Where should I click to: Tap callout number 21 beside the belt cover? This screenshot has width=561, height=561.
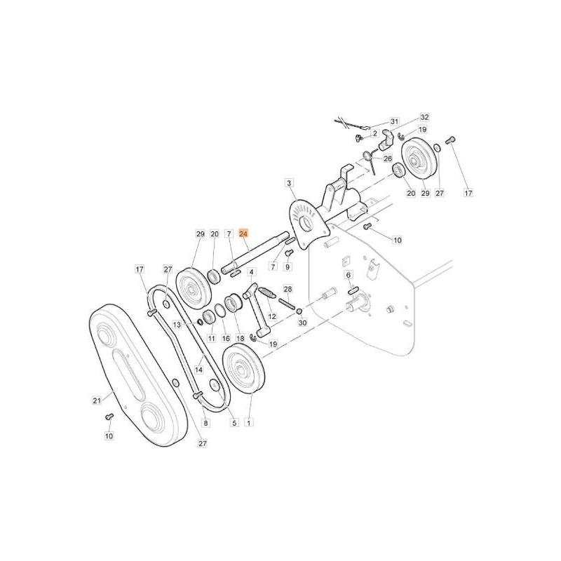pos(97,400)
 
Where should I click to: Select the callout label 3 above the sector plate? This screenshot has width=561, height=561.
pos(288,183)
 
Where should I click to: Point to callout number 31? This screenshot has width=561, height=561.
pos(393,121)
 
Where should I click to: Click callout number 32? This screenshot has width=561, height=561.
pos(424,117)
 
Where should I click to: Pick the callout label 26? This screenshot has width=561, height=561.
pos(387,158)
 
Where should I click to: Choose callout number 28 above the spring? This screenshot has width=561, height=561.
pos(287,289)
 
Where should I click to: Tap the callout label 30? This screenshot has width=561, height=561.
pos(302,323)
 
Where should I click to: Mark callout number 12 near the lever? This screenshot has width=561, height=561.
pos(272,317)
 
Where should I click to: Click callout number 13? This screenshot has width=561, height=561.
pos(177,325)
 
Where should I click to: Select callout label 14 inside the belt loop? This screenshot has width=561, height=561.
pos(198,370)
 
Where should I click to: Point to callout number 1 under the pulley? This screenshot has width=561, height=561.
pos(250,423)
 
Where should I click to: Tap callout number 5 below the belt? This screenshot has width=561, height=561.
pos(234,423)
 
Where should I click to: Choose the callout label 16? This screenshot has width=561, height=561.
pos(226,339)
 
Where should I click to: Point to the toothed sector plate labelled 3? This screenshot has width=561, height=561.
pos(305,222)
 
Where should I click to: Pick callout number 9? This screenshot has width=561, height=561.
pos(288,266)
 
